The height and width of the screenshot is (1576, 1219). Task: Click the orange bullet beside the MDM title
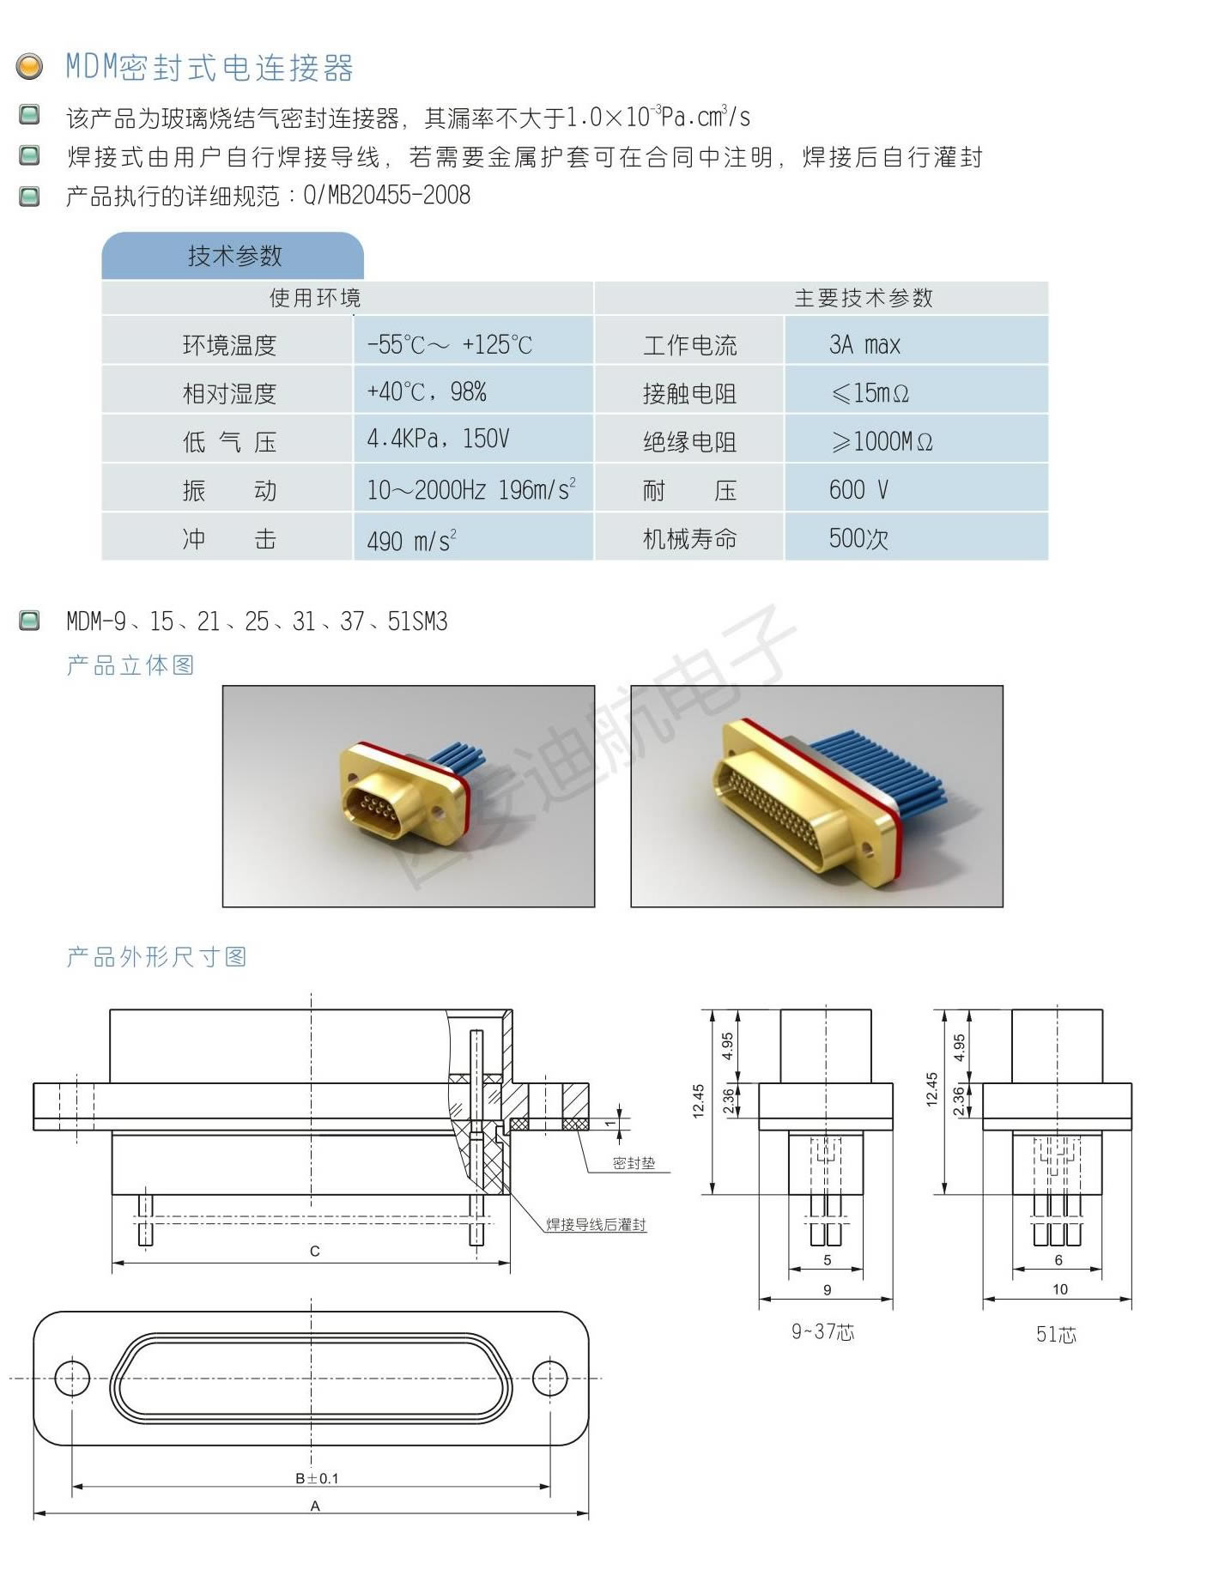30,66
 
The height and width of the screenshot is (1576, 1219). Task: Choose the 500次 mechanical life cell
916,536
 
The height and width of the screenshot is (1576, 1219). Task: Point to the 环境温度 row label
229,345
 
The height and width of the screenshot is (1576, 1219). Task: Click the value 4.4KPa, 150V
438,439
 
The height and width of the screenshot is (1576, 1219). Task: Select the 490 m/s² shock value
411,540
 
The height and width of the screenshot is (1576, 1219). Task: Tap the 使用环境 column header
315,298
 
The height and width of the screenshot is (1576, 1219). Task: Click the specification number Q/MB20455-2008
386,195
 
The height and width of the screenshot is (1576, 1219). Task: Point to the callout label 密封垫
634,1163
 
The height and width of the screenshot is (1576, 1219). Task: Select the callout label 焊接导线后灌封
597,1224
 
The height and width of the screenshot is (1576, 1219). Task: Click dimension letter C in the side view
314,1252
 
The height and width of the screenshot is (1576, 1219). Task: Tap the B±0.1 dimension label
317,1478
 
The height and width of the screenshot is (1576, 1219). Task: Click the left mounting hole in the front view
72,1378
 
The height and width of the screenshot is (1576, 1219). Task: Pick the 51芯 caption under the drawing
1056,1334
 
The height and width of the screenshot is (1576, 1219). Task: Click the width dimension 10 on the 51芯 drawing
1060,1289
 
